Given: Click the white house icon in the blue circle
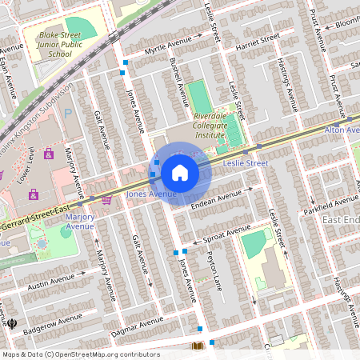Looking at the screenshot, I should [180, 173].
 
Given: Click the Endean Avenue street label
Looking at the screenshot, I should [216, 197].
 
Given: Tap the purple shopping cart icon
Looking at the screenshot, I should [106, 200].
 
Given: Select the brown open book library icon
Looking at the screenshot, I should [198, 346].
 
